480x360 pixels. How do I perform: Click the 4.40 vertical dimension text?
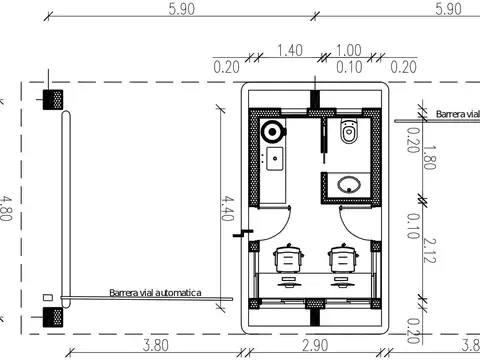(x=228, y=208)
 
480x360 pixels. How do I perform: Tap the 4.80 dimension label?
(x=6, y=208)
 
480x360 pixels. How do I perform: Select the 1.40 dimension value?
(x=290, y=50)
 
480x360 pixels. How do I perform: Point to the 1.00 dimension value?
(x=349, y=50)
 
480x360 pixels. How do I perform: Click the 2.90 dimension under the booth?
(x=315, y=345)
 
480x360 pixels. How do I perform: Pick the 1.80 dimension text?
(x=429, y=157)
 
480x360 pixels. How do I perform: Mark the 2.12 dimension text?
(x=429, y=250)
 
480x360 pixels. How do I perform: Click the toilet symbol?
(x=349, y=131)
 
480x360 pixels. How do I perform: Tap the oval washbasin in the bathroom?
(x=349, y=185)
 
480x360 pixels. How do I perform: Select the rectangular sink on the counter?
(x=275, y=159)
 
